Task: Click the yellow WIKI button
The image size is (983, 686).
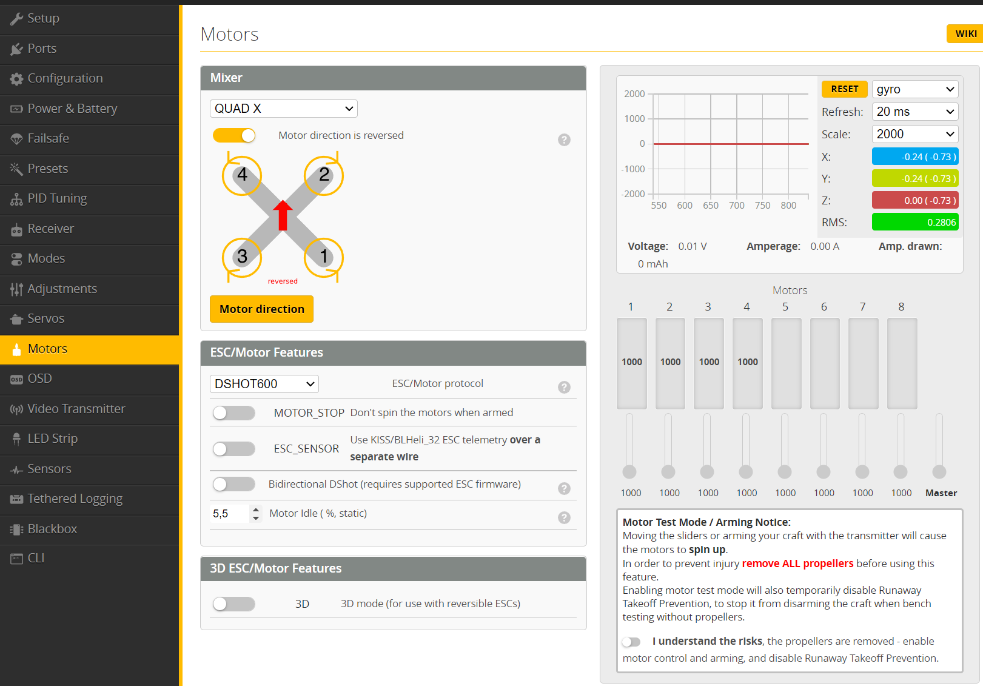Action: pyautogui.click(x=965, y=34)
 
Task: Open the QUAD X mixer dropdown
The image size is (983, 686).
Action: pyautogui.click(x=283, y=109)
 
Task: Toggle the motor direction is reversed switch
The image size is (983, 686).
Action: pyautogui.click(x=234, y=135)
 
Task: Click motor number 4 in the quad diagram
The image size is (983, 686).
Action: pyautogui.click(x=242, y=175)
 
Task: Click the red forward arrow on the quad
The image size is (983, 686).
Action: pyautogui.click(x=283, y=215)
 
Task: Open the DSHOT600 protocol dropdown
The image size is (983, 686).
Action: pyautogui.click(x=264, y=384)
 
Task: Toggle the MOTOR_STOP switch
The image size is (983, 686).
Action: pyautogui.click(x=234, y=413)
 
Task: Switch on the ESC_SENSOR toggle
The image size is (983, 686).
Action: pyautogui.click(x=234, y=449)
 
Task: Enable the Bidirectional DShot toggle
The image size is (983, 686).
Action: pyautogui.click(x=234, y=484)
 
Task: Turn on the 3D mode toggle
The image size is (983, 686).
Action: pyautogui.click(x=234, y=604)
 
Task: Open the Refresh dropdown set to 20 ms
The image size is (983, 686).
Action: pyautogui.click(x=915, y=112)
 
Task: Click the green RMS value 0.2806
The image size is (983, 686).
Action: pyautogui.click(x=915, y=222)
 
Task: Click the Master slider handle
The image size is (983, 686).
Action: pyautogui.click(x=939, y=472)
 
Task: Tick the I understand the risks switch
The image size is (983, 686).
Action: pyautogui.click(x=631, y=642)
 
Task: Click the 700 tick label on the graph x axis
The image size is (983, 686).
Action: pyautogui.click(x=737, y=206)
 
